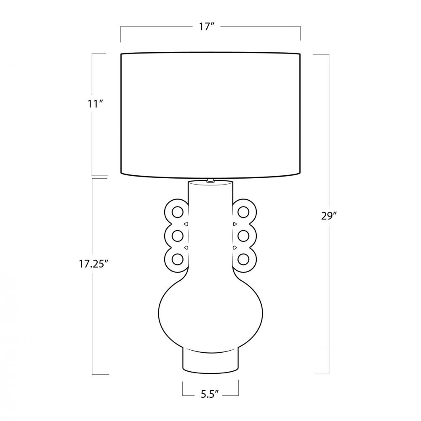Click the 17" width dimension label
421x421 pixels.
tap(206, 27)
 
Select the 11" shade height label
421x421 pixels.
tap(96, 104)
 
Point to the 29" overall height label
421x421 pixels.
tap(329, 216)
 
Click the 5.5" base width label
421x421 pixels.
tap(210, 394)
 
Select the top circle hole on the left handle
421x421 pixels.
tap(178, 212)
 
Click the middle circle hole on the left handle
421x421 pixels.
tap(178, 236)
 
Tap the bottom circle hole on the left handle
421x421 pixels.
tap(178, 259)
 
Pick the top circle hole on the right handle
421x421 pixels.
tap(243, 212)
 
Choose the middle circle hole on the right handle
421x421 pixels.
tap(243, 236)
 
